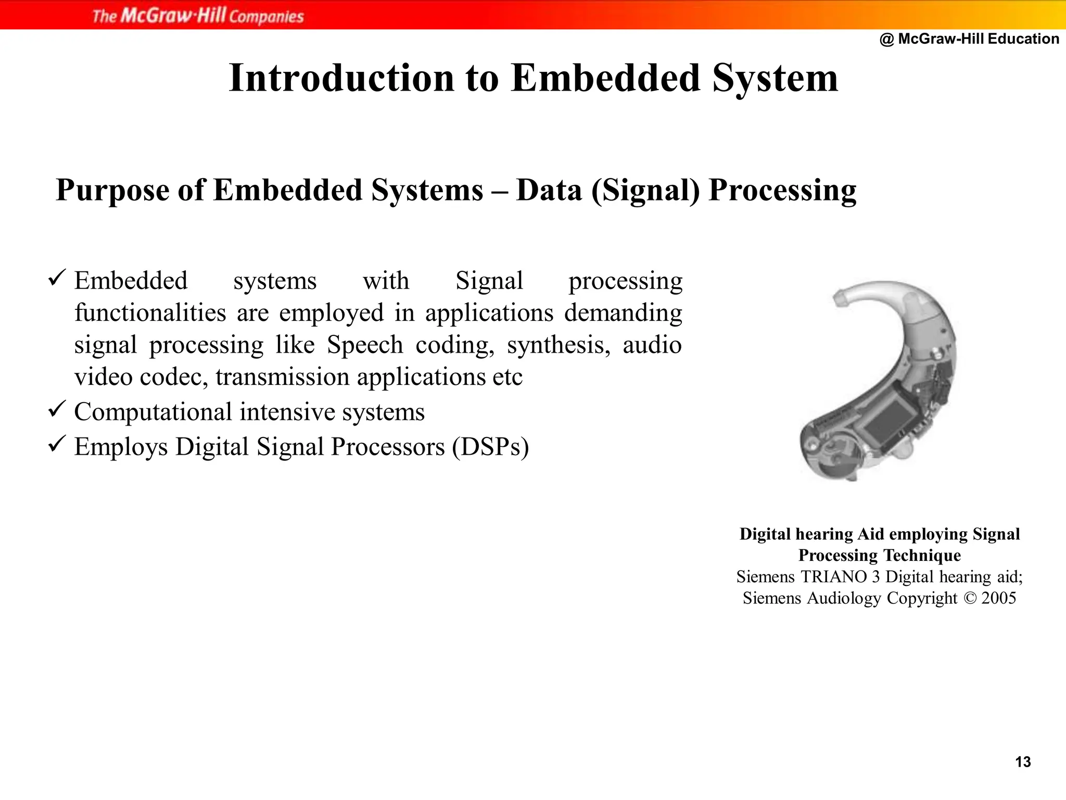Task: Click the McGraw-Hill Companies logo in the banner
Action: coord(198,16)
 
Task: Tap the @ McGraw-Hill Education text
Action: coord(969,39)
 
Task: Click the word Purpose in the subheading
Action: coord(112,191)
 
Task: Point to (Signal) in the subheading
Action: coord(645,191)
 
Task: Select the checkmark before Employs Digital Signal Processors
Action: coord(56,444)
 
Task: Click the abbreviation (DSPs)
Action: coord(490,447)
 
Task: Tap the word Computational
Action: coord(153,412)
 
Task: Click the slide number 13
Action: coord(1023,762)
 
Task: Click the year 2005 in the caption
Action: coord(998,598)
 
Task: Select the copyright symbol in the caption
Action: coord(970,598)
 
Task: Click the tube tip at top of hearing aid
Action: coord(840,298)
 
